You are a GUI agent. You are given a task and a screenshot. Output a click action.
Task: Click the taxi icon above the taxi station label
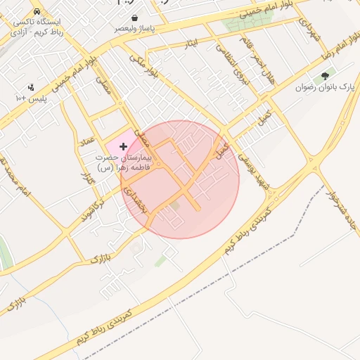coord(37,13)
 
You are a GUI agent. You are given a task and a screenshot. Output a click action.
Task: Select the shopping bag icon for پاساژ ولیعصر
coord(134,18)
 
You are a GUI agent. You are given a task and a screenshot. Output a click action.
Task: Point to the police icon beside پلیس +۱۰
coord(31,88)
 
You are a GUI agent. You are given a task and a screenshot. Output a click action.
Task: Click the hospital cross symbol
coord(124,146)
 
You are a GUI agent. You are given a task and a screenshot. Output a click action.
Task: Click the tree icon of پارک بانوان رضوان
coord(324,77)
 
